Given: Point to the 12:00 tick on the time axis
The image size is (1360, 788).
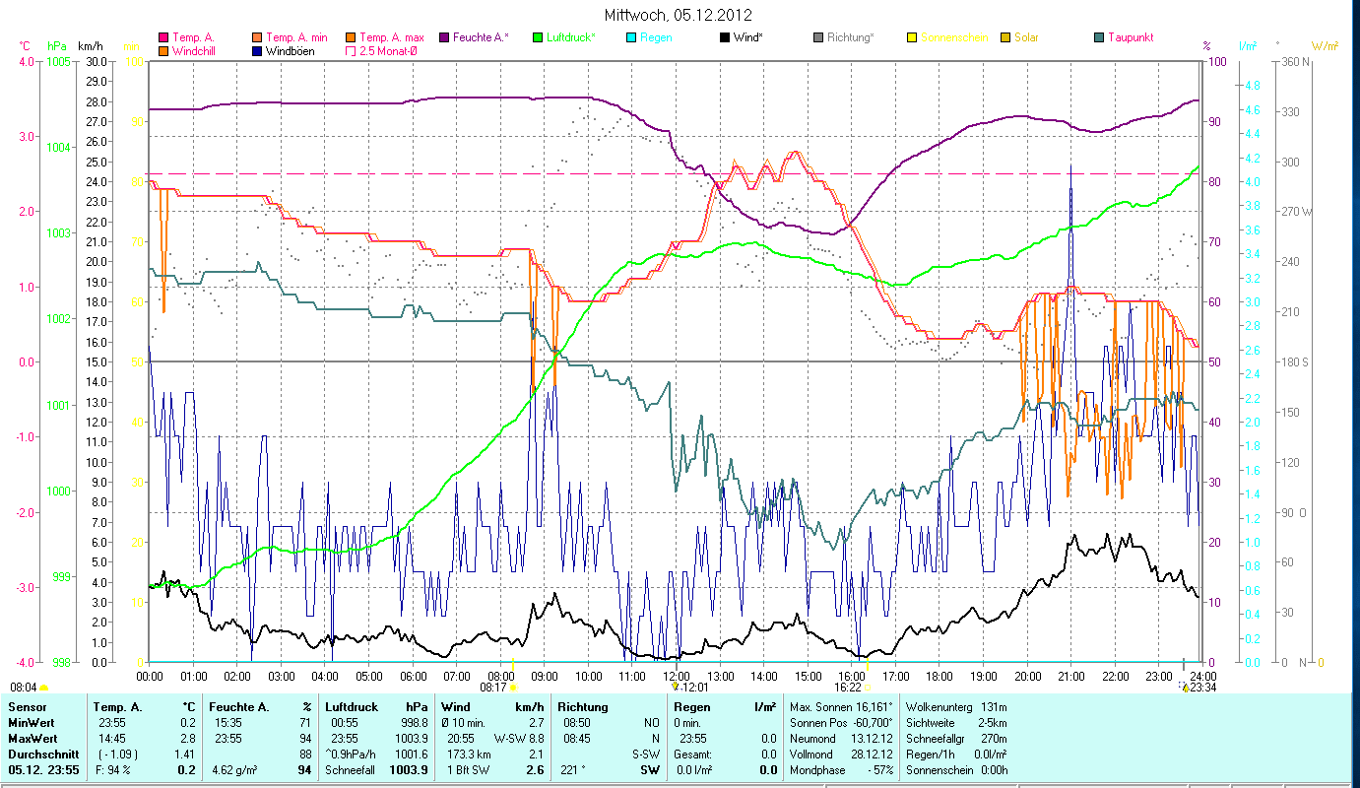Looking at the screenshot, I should tap(675, 677).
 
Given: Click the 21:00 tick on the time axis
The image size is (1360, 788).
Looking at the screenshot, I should tap(1070, 677).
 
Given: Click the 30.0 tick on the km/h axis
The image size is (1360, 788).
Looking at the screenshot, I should tap(97, 61).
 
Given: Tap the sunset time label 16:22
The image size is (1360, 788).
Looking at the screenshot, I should tap(848, 688).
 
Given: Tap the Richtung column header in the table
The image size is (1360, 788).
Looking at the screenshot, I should tap(583, 707).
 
